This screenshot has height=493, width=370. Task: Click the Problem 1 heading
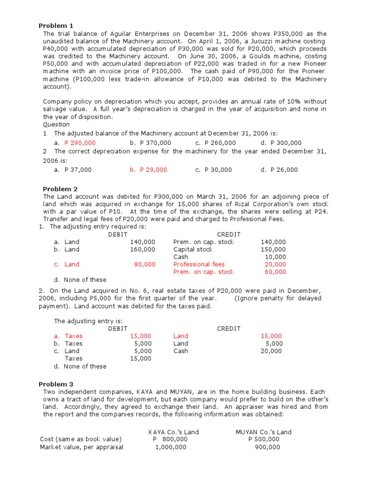click(56, 26)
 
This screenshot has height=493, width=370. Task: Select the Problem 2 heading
click(60, 189)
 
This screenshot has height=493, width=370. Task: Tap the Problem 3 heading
click(56, 384)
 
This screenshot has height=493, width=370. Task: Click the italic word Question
click(56, 124)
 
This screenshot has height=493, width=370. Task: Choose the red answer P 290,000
click(79, 143)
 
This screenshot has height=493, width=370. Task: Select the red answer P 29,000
click(153, 169)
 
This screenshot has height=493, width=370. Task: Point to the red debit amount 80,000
click(145, 264)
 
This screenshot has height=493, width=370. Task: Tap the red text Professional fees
click(198, 264)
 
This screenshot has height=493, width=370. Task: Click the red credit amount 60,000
click(275, 272)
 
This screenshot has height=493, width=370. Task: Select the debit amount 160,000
click(143, 249)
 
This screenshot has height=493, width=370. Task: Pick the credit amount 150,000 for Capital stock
click(273, 249)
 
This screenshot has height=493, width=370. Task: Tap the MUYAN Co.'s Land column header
click(264, 432)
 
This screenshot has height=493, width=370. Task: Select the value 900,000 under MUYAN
click(267, 447)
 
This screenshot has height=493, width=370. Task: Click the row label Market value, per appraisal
click(81, 447)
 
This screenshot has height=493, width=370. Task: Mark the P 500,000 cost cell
click(264, 439)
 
